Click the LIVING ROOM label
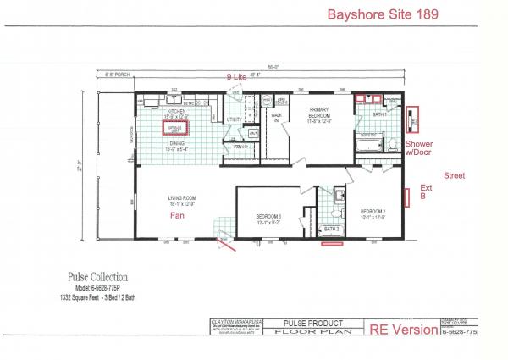183,200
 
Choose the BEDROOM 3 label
268,216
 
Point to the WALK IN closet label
276,119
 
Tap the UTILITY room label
235,119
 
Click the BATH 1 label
379,113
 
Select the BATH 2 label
331,229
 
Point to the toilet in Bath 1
395,141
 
